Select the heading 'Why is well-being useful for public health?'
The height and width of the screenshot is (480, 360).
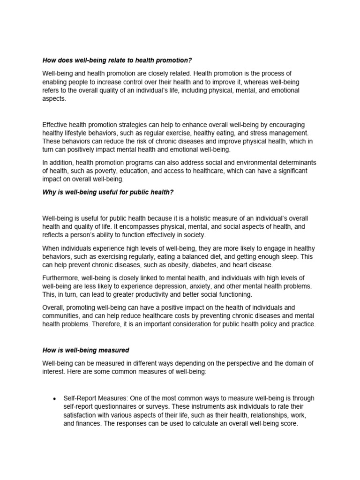click(108, 193)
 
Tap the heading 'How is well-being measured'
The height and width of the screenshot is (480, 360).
click(85, 350)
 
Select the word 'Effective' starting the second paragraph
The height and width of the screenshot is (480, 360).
click(55, 125)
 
